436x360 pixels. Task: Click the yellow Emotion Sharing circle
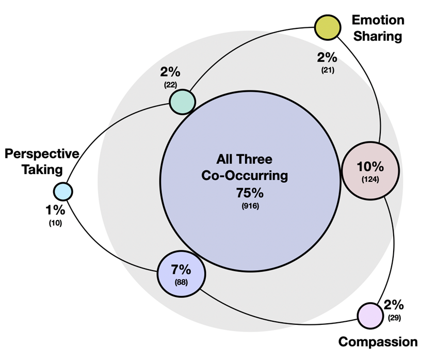coord(328,27)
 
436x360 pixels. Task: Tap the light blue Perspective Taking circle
coord(62,192)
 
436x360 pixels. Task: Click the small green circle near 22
coord(183,101)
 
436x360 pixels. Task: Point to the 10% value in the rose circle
coord(370,167)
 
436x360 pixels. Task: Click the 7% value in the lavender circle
coord(181,269)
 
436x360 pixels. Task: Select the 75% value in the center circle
coord(250,193)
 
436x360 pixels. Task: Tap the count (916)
coord(250,207)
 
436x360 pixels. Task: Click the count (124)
coord(370,179)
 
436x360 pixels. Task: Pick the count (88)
coord(181,282)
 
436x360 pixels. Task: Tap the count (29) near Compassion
coord(395,318)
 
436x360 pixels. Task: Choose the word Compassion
coord(378,341)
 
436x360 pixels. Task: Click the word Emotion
coord(378,20)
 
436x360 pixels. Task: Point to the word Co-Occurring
coord(244,176)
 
